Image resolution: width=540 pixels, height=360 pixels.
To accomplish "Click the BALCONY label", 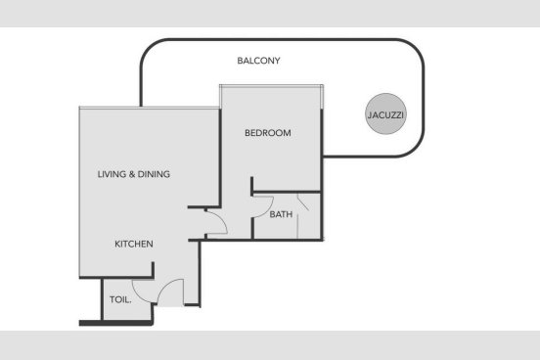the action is tap(258, 61).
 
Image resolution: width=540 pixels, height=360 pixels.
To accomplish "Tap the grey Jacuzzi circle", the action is tap(385, 113).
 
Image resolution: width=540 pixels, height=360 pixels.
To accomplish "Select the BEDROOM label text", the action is tap(268, 133).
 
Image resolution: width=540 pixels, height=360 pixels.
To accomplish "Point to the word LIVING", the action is tap(112, 174).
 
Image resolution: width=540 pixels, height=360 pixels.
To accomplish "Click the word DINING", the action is tap(154, 174).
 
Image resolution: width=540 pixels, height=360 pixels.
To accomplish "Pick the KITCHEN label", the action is tap(134, 244).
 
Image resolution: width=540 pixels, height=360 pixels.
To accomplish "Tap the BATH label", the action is tap(281, 214).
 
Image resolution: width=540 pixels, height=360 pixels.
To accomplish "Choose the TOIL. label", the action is tap(120, 299).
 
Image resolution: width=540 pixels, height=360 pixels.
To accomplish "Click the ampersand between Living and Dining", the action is tap(131, 174).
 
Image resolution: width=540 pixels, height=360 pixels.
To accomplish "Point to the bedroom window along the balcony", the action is tap(271, 86).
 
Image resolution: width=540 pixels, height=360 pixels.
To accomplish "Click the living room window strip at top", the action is tap(149, 108).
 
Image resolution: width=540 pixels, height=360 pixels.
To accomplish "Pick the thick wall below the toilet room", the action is tap(116, 323).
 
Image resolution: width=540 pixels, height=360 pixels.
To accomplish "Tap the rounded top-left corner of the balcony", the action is tap(149, 48).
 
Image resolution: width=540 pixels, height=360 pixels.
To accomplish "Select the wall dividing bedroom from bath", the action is tap(287, 192).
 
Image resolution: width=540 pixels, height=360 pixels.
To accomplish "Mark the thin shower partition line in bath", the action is tap(297, 216).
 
